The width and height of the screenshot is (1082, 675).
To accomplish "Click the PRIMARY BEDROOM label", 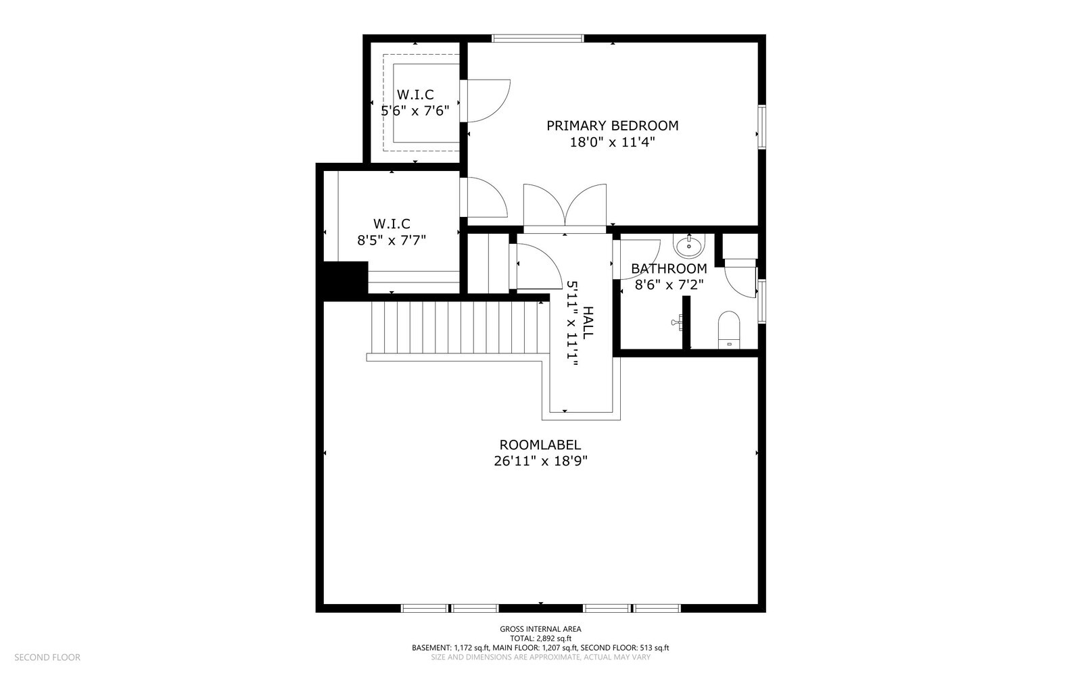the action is pos(612,126).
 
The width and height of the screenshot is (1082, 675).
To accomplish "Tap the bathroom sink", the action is pos(689,246).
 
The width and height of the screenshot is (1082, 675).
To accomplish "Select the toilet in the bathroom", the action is pos(729,330).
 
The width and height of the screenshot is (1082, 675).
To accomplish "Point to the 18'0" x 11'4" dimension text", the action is pos(612,143).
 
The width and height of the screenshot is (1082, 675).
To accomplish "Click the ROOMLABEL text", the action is pos(540,445).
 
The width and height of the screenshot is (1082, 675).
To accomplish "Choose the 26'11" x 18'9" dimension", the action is pos(540,461).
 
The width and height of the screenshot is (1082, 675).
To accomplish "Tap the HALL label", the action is pos(588,322).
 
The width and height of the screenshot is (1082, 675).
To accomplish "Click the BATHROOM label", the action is pos(669,268).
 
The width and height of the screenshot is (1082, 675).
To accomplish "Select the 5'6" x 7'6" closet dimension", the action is pos(415,111).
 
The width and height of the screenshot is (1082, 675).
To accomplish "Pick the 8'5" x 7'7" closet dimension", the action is pos(392,240).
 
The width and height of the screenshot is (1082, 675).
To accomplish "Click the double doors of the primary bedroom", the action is pos(565,207).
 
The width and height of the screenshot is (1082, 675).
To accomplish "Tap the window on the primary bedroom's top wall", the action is pos(538,38).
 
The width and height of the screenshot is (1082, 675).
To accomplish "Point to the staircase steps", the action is pos(454,328).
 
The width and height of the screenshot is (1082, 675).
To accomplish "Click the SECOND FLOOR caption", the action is pos(47,657).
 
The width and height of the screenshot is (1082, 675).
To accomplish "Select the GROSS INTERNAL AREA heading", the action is pos(540,628).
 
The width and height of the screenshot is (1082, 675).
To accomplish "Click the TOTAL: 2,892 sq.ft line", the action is pos(540,639).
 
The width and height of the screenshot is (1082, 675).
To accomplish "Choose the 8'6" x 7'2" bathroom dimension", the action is pos(669,284).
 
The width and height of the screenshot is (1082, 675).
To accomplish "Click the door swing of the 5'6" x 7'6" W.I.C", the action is pos(488,101).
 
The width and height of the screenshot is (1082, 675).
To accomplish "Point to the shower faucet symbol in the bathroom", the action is pos(677,322).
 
